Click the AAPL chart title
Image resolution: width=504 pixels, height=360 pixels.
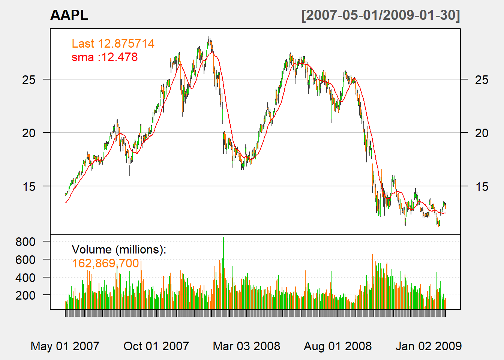69,15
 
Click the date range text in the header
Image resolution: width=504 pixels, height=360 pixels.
380,15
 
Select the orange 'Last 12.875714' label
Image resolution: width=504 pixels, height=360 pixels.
113,43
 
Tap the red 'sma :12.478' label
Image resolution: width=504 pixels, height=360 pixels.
105,57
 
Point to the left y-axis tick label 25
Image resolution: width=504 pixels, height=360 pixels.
29,79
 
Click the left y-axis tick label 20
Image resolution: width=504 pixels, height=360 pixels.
29,133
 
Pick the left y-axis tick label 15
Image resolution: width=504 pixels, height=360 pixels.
29,186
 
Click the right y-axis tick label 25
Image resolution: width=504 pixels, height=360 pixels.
481,79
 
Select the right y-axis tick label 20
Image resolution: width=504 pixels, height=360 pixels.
481,133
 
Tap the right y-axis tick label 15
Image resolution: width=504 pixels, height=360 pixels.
481,186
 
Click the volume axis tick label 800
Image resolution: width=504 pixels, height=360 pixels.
25,241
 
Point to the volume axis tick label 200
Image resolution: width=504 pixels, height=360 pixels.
25,295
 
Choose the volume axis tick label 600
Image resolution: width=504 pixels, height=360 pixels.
25,259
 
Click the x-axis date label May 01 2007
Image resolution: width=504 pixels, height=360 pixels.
65,346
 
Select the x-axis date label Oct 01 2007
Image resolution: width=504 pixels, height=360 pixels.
156,346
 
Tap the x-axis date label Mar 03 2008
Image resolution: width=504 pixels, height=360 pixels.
246,346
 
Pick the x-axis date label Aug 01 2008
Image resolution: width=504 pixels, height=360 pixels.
337,346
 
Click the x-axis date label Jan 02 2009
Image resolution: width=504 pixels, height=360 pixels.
429,346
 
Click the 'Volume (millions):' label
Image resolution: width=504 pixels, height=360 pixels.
119,249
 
